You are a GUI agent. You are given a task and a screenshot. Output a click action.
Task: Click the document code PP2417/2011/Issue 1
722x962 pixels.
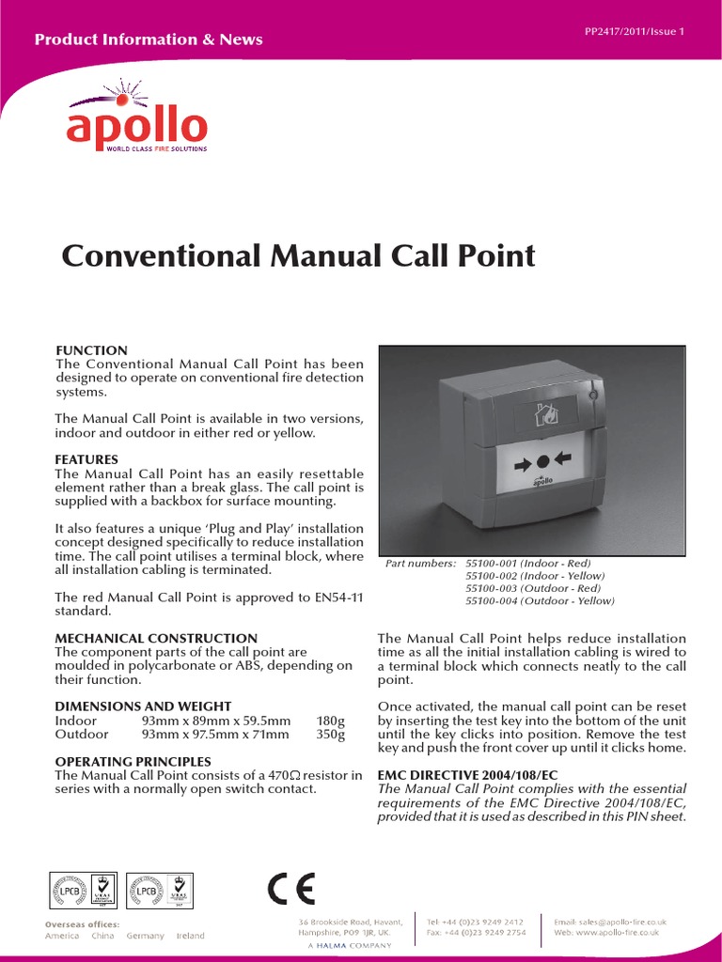point(635,32)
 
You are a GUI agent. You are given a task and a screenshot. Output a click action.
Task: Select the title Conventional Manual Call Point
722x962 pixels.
point(298,256)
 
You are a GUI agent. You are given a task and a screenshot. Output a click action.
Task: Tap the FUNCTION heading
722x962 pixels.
point(91,350)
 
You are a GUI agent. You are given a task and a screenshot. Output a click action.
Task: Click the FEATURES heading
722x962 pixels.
point(86,459)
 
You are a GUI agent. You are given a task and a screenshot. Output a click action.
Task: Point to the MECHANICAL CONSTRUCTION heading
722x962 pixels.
point(156,638)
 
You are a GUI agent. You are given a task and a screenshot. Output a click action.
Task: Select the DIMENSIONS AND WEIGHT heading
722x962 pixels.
point(143,706)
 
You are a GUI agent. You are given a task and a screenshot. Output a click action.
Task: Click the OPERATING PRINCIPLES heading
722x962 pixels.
point(133,761)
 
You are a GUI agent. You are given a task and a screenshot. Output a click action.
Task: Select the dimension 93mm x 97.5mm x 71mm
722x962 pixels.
point(215,734)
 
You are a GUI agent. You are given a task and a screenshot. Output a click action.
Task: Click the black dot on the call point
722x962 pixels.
point(542,462)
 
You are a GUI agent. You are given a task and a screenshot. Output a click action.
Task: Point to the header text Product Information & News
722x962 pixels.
point(149,39)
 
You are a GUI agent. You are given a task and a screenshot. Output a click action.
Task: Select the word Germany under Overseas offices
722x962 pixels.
point(145,936)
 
